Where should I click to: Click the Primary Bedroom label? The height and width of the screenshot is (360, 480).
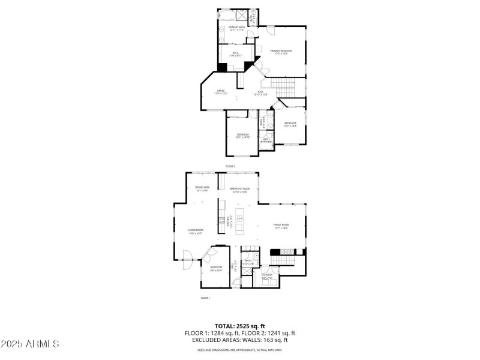pyautogui.click(x=279, y=52)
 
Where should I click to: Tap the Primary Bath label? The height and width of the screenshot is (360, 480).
pyautogui.click(x=236, y=28)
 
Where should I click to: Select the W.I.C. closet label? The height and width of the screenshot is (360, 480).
pyautogui.click(x=236, y=55)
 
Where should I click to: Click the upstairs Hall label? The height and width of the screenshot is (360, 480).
pyautogui.click(x=260, y=93)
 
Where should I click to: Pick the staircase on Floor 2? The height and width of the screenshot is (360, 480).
pyautogui.click(x=282, y=87)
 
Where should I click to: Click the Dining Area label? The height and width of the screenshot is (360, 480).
pyautogui.click(x=202, y=189)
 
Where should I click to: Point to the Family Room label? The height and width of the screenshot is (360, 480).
pyautogui.click(x=281, y=227)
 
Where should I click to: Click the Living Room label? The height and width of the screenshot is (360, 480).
pyautogui.click(x=196, y=231)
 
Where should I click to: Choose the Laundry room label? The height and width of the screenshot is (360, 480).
pyautogui.click(x=268, y=277)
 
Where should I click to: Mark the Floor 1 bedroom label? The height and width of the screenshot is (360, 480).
pyautogui.click(x=216, y=268)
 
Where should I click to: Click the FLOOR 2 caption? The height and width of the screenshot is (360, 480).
pyautogui.click(x=230, y=166)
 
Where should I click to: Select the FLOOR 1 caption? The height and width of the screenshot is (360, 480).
pyautogui.click(x=205, y=298)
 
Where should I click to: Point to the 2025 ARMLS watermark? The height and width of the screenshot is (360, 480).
pyautogui.click(x=30, y=344)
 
